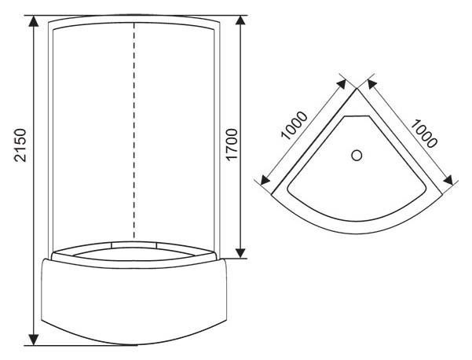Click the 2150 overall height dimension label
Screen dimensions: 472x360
tap(20, 145)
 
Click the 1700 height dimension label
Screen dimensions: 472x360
tap(232, 145)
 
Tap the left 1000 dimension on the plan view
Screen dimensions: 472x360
tap(295, 125)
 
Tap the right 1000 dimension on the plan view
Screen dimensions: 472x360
tap(424, 133)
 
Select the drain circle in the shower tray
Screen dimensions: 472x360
tap(357, 156)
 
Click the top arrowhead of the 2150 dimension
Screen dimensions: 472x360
tap(34, 22)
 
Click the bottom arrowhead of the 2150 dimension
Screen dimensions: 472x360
tap(34, 340)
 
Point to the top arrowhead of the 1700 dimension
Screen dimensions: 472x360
tap(240, 22)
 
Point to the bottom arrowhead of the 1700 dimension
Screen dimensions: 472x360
tap(240, 252)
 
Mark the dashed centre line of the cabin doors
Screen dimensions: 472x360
tap(134, 131)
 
